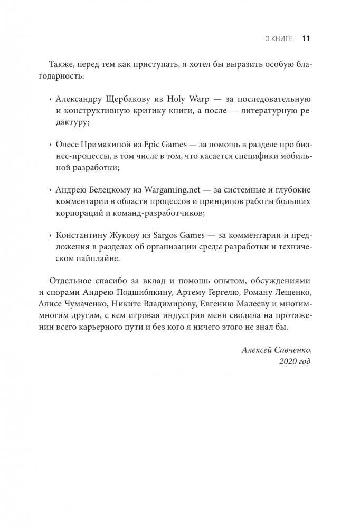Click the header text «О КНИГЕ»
click(279, 39)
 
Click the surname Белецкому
click(115, 189)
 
